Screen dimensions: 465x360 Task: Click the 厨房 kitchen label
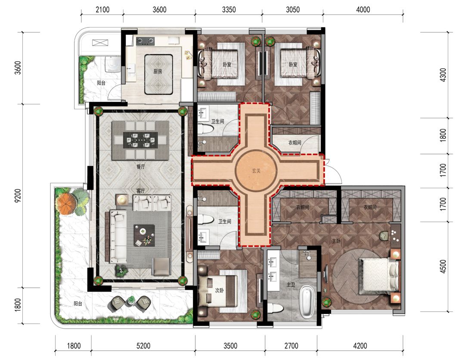[158, 71]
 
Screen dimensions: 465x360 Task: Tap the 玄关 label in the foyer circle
[256, 171]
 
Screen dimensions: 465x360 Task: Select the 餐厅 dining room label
[140, 166]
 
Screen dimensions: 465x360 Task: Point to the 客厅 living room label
[140, 191]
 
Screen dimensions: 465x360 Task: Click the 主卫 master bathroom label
[291, 285]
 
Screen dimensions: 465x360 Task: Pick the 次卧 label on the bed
[220, 290]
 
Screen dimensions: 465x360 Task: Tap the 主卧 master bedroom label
[336, 241]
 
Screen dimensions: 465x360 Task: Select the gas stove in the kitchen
[146, 41]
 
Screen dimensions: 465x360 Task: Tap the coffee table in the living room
[144, 235]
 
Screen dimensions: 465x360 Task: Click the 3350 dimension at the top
[229, 10]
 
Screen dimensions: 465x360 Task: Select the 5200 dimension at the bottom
[143, 346]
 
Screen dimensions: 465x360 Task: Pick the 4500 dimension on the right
[443, 267]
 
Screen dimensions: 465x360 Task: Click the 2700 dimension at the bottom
[291, 346]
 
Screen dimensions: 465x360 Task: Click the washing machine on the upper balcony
[112, 64]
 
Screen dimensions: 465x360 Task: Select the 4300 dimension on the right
[443, 75]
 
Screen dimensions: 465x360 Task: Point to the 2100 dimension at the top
[102, 10]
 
